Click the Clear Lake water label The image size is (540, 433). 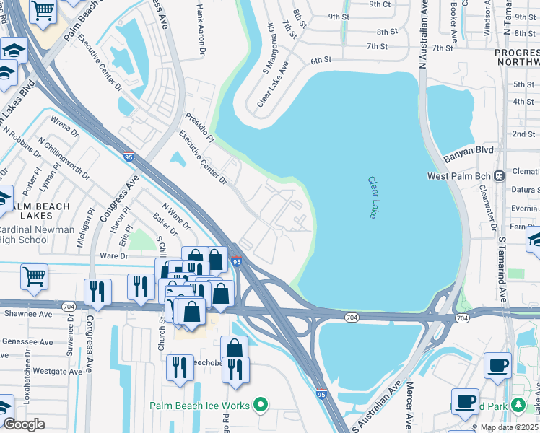(373, 198)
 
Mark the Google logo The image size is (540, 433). (24, 424)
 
